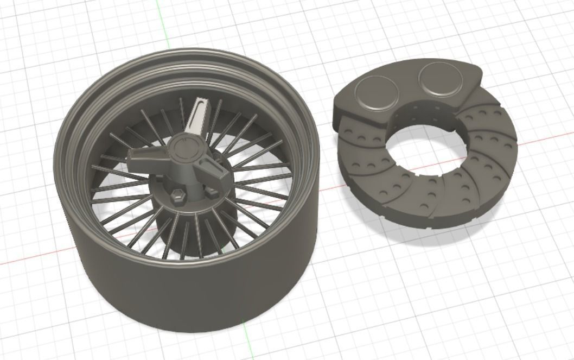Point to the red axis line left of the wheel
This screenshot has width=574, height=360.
[27, 259]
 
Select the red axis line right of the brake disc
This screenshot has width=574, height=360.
[543, 136]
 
